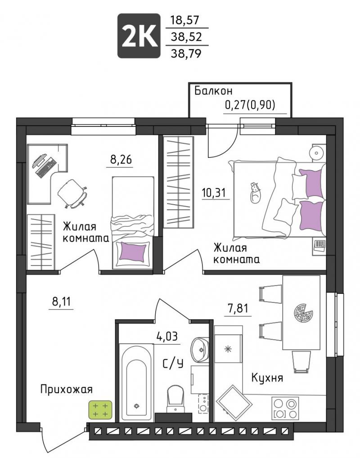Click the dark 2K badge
tap(139, 36)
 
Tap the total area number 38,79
tap(186, 54)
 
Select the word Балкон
tap(214, 91)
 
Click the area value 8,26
tap(121, 160)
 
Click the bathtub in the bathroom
tap(136, 382)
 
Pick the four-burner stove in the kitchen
tap(285, 408)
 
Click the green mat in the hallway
tap(100, 410)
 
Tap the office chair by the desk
tap(72, 193)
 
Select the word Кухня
tap(267, 378)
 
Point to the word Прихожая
tap(66, 389)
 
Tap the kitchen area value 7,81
tap(238, 308)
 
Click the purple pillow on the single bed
tap(133, 251)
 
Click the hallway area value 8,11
tap(61, 301)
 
